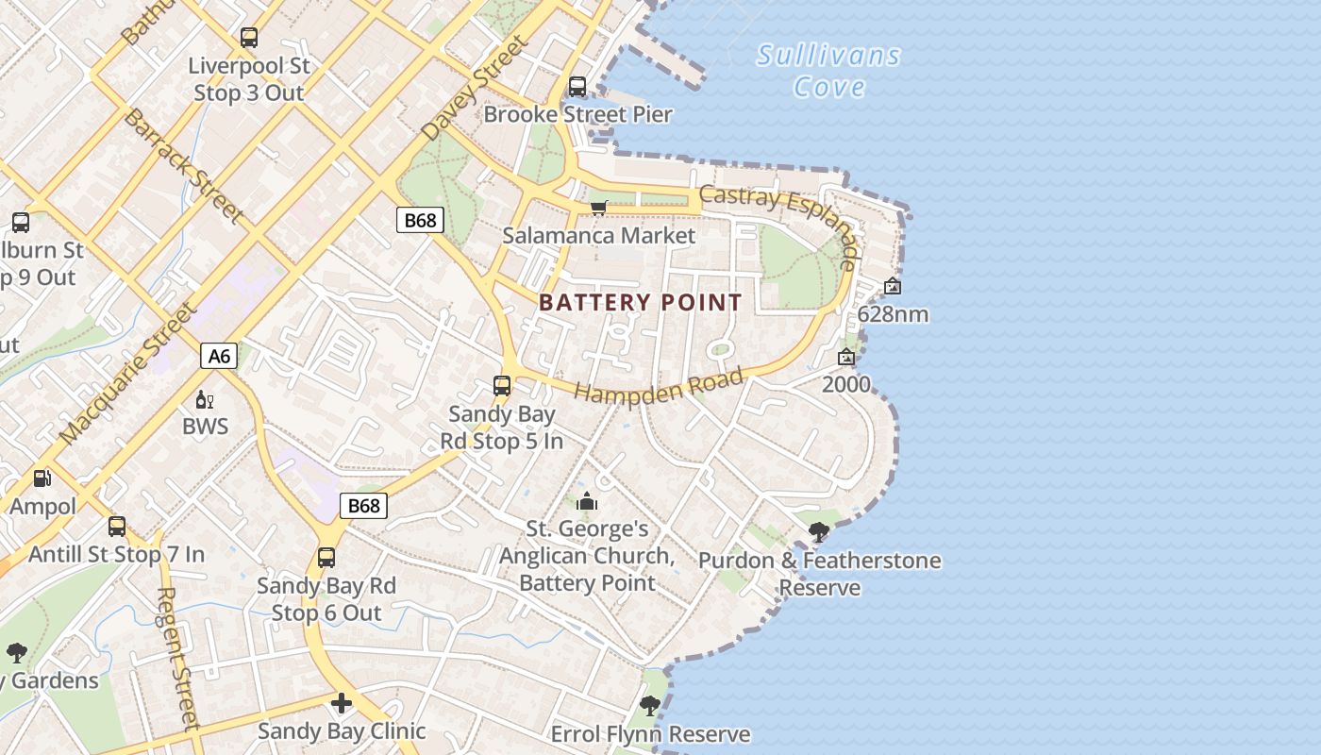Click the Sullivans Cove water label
coord(828,71)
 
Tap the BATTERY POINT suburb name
coord(641,303)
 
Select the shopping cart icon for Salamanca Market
coord(598,208)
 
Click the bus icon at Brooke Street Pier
coord(577,87)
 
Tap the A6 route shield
coord(219,356)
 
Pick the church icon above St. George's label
coord(587,501)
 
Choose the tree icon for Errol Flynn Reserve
coord(649,705)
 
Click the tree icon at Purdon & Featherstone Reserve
coord(819,532)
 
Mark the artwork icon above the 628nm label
coord(893,286)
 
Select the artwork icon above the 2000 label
coord(846,357)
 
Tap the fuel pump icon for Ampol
coord(42,478)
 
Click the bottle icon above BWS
coord(204,400)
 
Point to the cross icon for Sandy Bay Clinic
coord(342,703)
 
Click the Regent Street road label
coord(178,658)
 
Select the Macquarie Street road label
coord(129,374)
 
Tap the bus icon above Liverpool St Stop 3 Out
coord(249,38)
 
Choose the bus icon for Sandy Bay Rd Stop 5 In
coord(502,386)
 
